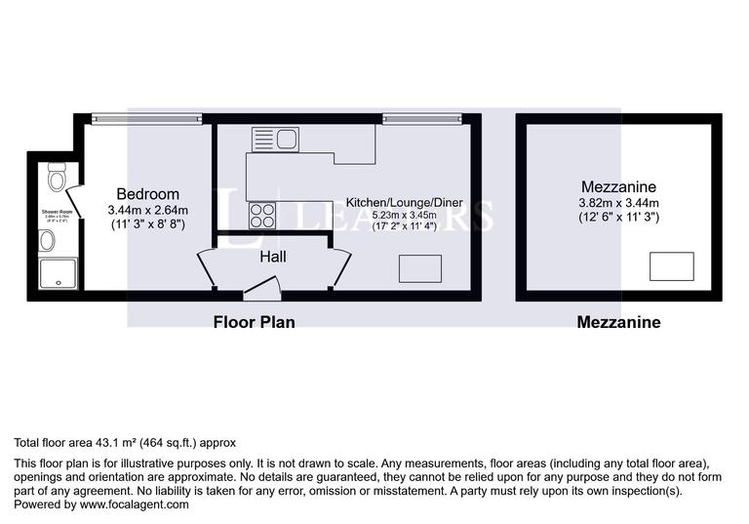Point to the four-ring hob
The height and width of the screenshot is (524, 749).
261,215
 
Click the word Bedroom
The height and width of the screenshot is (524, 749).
147,193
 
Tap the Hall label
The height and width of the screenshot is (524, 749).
272,257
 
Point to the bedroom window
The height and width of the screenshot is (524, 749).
146,119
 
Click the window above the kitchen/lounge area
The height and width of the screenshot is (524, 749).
422,119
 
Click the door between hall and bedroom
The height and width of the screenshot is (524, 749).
207,266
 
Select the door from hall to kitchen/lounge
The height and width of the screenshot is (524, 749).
340,266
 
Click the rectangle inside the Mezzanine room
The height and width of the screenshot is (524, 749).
671,266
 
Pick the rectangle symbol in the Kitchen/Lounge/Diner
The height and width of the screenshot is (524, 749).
419,268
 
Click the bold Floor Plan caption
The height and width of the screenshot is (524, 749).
254,321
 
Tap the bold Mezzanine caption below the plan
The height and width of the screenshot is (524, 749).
618,321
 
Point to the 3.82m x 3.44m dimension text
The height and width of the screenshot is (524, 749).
617,203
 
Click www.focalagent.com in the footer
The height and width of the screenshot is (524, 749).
134,504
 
